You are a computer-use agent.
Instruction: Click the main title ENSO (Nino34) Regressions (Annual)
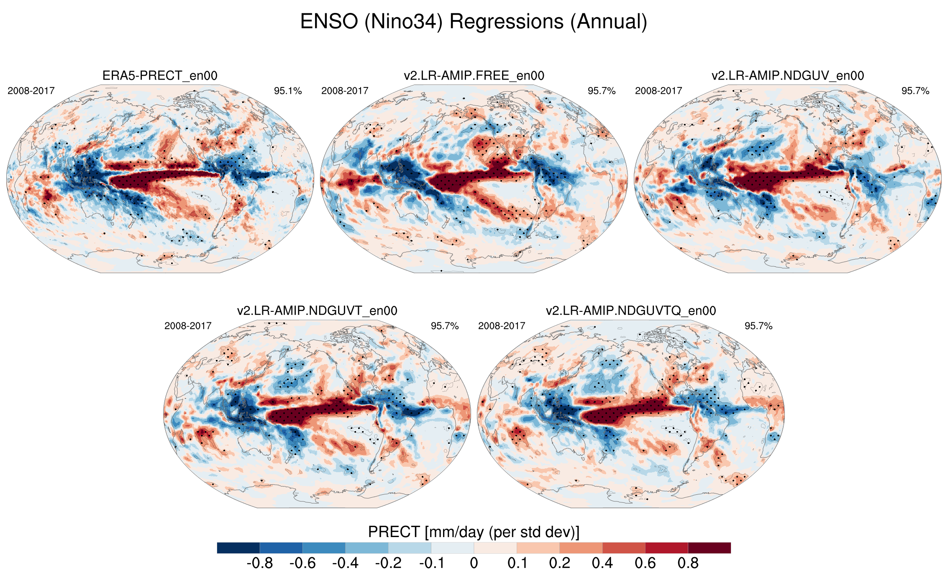pyautogui.click(x=474, y=22)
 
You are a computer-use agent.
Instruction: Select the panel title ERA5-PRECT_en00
pyautogui.click(x=160, y=76)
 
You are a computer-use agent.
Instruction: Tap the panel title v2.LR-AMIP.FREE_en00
pyautogui.click(x=474, y=76)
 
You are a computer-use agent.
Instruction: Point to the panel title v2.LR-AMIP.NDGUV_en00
pyautogui.click(x=787, y=76)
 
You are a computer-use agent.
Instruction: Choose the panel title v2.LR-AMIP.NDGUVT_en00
pyautogui.click(x=317, y=311)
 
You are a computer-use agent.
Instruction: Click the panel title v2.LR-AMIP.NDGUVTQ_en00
pyautogui.click(x=631, y=311)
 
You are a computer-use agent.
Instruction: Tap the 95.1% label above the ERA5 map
pyautogui.click(x=288, y=91)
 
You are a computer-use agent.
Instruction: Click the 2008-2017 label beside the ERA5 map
pyautogui.click(x=31, y=91)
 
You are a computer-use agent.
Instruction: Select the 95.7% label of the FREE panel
pyautogui.click(x=602, y=91)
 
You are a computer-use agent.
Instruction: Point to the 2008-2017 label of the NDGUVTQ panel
pyautogui.click(x=502, y=326)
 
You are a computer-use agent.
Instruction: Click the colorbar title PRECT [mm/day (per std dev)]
pyautogui.click(x=474, y=532)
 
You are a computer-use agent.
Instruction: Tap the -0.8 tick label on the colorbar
pyautogui.click(x=260, y=563)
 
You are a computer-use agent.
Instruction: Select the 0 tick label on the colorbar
pyautogui.click(x=474, y=563)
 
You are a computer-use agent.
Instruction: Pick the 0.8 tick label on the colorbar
pyautogui.click(x=688, y=563)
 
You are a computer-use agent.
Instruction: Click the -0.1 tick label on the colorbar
pyautogui.click(x=431, y=563)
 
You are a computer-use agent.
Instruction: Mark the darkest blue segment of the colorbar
pyautogui.click(x=238, y=548)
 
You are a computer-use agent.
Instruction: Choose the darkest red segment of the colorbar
pyautogui.click(x=710, y=548)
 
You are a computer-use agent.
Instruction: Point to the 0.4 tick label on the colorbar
pyautogui.click(x=602, y=563)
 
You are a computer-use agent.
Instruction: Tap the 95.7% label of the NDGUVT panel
pyautogui.click(x=445, y=326)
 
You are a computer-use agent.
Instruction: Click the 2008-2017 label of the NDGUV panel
pyautogui.click(x=658, y=91)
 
